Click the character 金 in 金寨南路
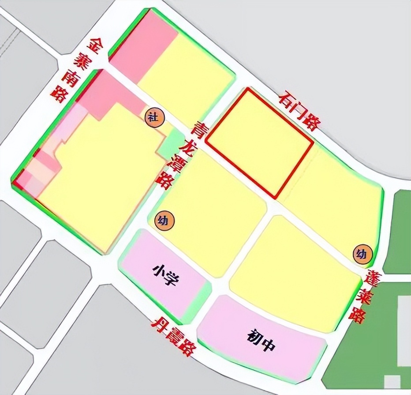pos(97,44)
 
